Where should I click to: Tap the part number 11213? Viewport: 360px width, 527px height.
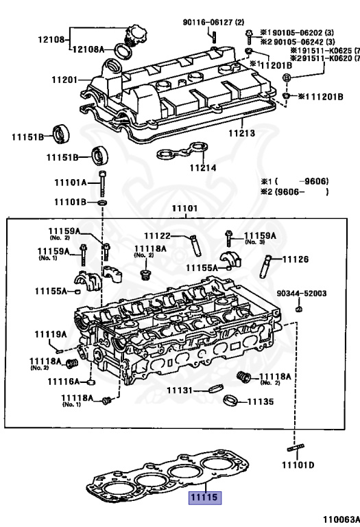coord(241,134)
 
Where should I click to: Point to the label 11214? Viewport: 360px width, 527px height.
coord(203,167)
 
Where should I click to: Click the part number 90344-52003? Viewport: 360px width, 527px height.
coord(302,293)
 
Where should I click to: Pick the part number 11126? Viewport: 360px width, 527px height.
coord(296,259)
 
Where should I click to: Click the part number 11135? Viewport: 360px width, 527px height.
coord(261,401)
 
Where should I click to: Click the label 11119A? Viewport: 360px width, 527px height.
coord(51,334)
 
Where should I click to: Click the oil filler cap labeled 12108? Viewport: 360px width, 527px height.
coord(131,34)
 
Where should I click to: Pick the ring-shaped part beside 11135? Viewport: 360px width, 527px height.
coord(231,400)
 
